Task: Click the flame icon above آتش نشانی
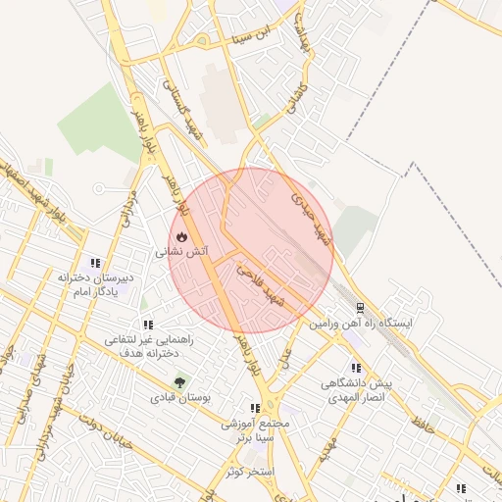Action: click(182, 237)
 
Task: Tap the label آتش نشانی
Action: click(182, 252)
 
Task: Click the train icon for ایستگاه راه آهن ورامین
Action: click(361, 307)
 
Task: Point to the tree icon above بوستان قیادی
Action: click(179, 383)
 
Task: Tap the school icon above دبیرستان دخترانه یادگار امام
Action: click(95, 263)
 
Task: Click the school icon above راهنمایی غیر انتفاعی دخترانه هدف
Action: click(148, 324)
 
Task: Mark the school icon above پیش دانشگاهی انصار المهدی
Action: click(355, 368)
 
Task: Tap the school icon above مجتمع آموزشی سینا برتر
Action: click(255, 407)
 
